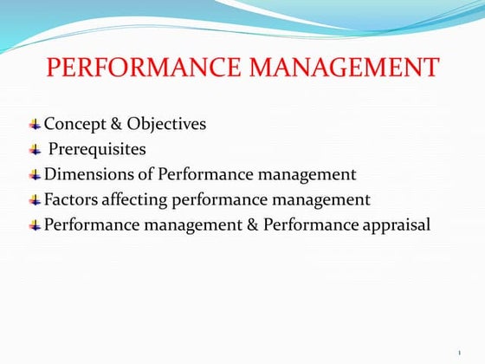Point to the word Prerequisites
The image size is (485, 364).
[97, 149]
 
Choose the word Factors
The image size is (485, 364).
[72, 199]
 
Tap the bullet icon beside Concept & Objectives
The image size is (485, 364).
[35, 125]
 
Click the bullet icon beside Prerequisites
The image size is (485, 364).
[35, 150]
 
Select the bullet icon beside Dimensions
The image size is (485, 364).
[35, 175]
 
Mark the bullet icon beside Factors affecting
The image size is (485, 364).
[35, 200]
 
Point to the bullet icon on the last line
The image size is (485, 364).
[35, 225]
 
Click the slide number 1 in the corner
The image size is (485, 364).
[458, 352]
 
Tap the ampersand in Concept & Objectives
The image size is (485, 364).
[117, 124]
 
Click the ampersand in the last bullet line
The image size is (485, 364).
[249, 224]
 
